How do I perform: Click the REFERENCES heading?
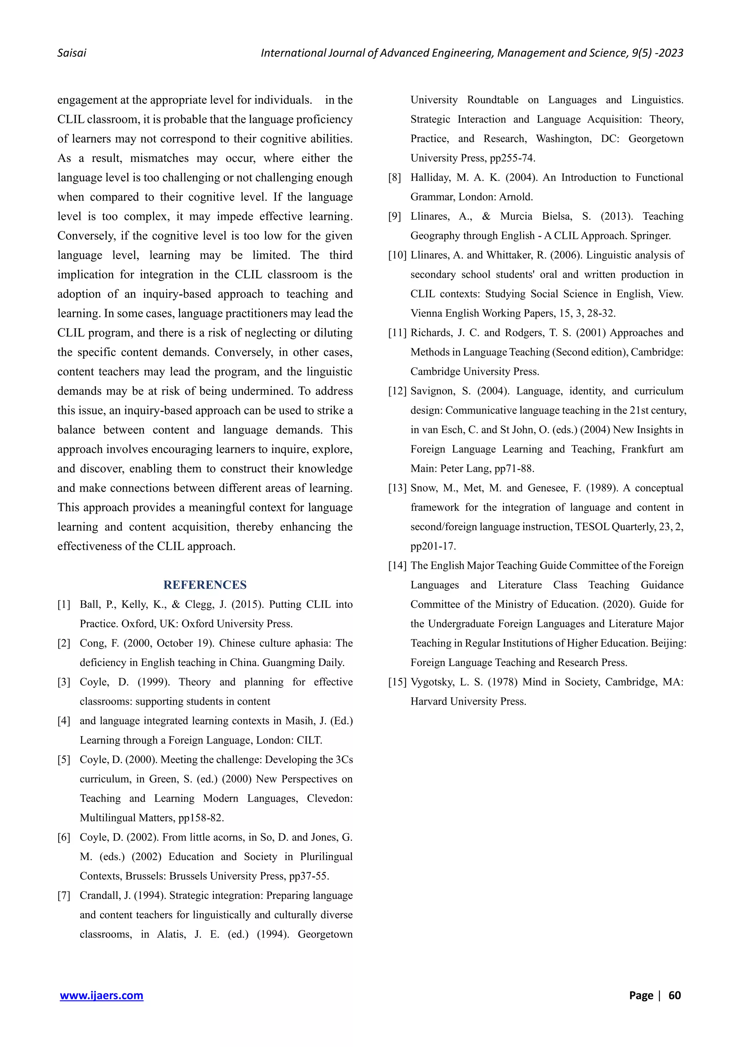[x=205, y=585]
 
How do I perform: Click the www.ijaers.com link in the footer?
[x=101, y=995]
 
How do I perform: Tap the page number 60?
[x=674, y=995]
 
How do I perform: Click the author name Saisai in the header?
[x=72, y=53]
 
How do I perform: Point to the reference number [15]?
[x=397, y=682]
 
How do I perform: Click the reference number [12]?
[x=397, y=391]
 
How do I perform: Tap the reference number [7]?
[x=64, y=895]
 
